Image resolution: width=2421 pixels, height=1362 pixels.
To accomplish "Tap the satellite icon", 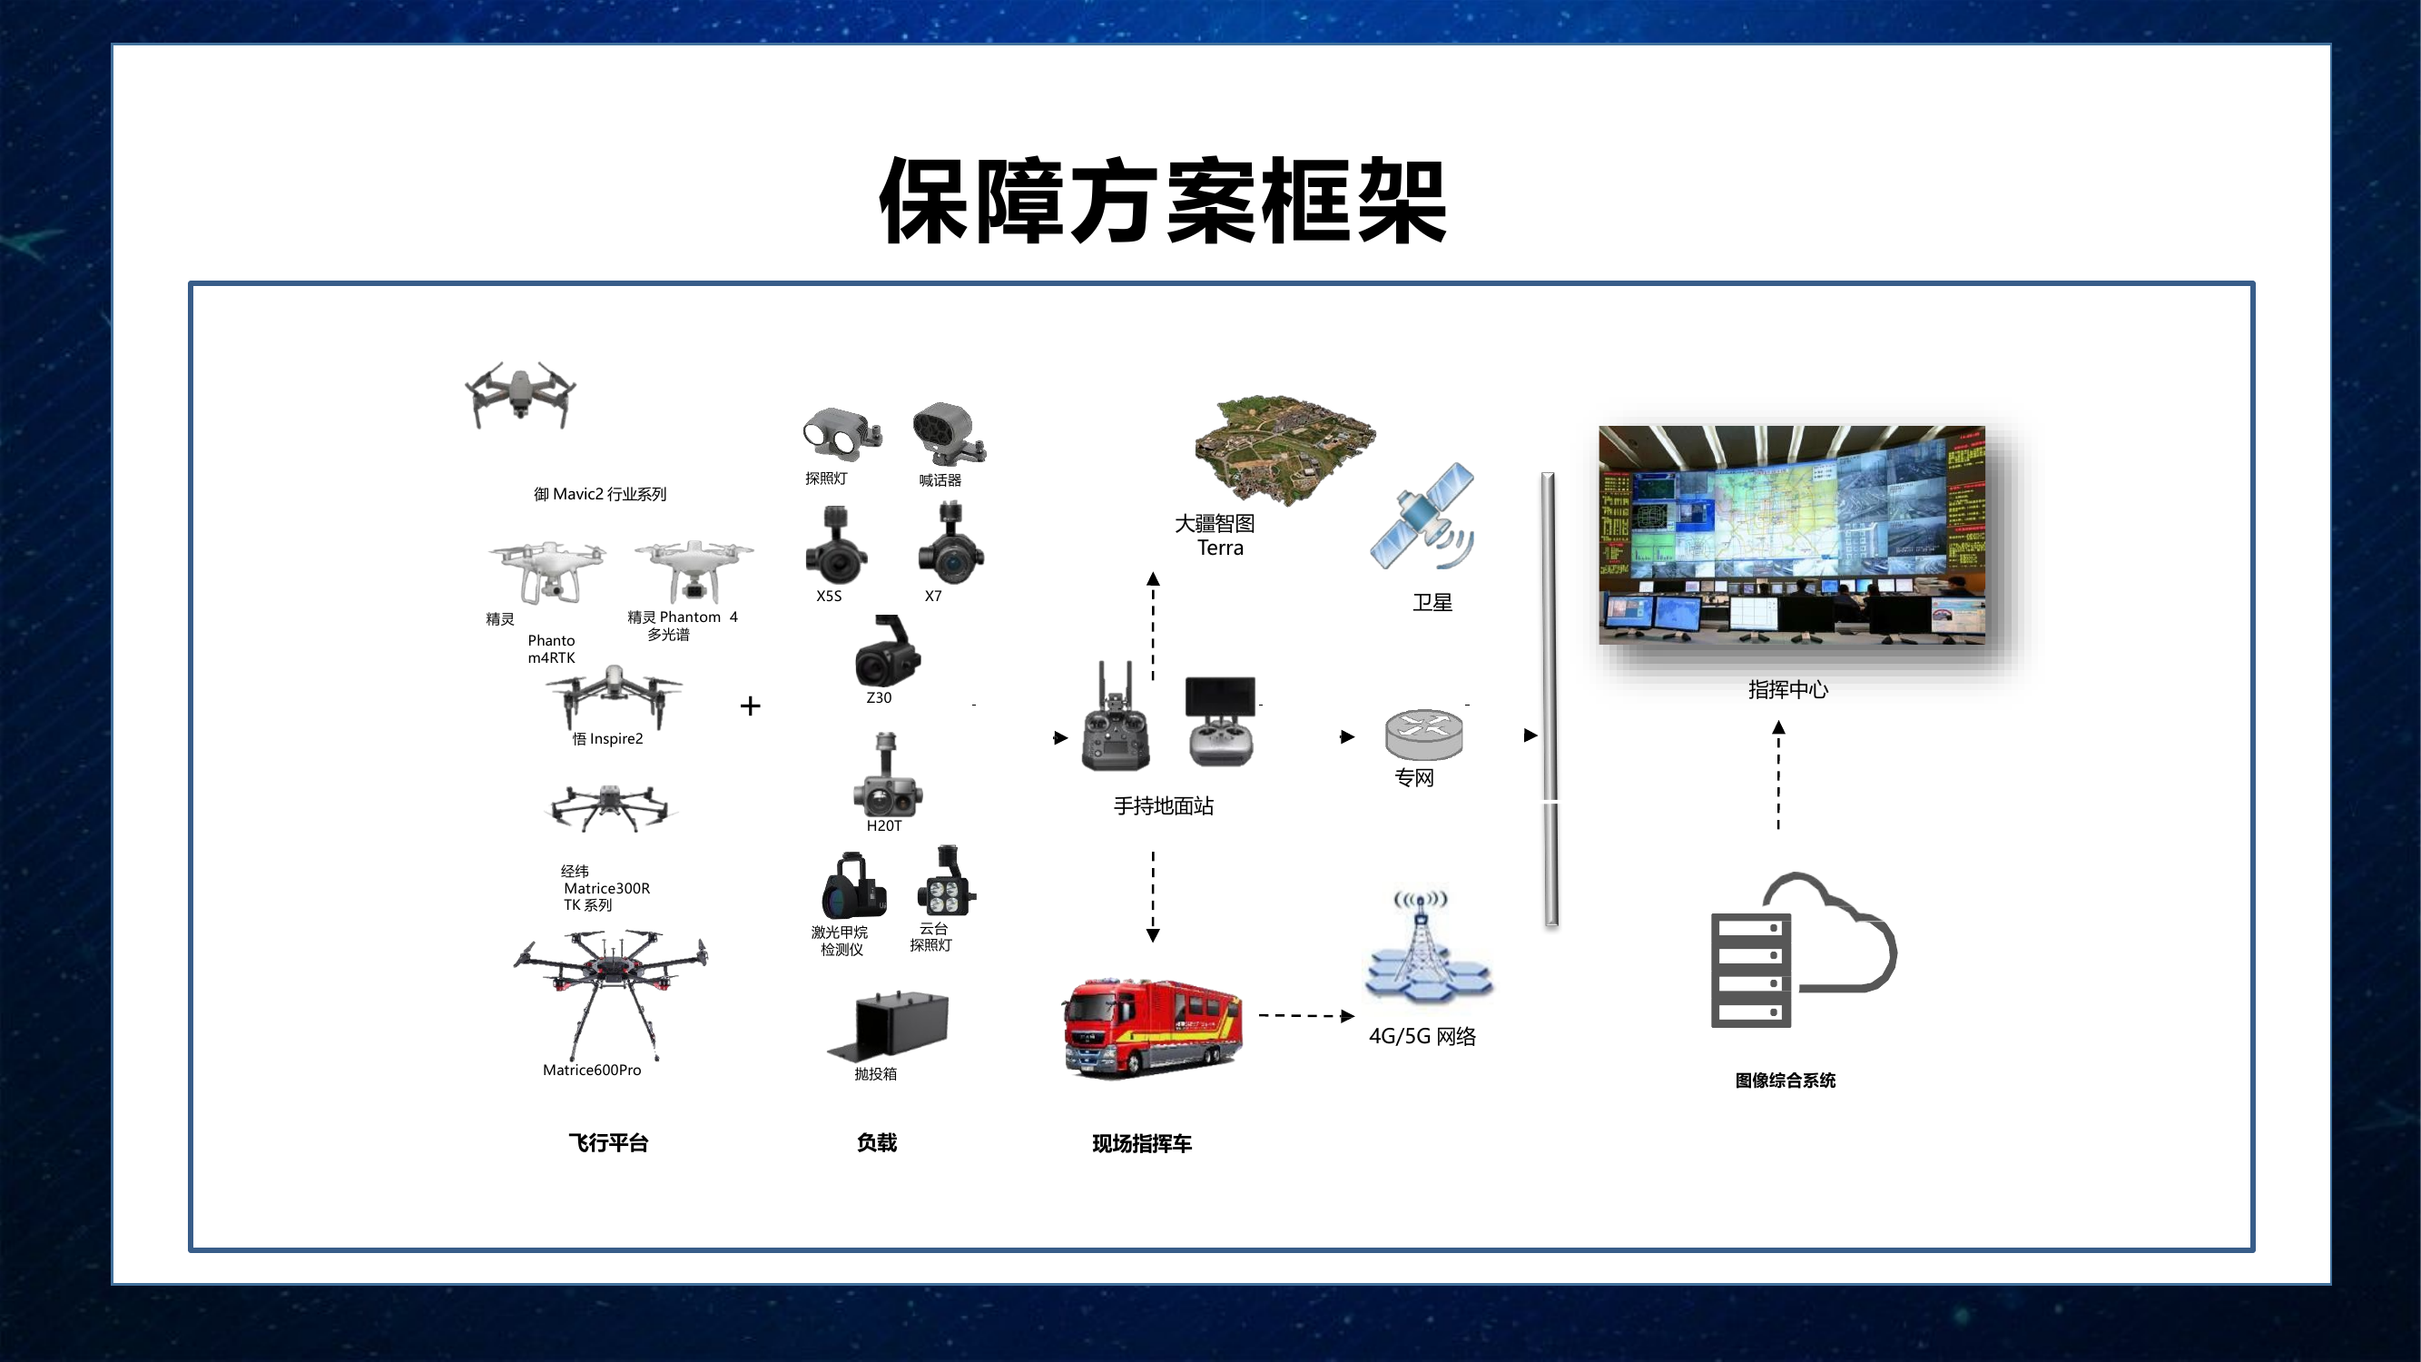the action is point(1422,517).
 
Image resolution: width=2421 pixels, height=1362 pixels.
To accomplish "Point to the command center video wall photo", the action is point(1792,535).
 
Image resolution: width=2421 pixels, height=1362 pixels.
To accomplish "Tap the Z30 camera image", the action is point(887,650).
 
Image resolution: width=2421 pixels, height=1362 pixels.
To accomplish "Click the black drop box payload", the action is point(888,1023).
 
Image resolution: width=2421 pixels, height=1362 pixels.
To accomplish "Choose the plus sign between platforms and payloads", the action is point(750,706).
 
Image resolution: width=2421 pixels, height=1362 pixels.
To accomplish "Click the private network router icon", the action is point(1424,734).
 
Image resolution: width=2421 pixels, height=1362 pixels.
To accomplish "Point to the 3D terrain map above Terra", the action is point(1284,449).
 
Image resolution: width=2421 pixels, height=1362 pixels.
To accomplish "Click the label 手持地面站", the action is point(1164,805).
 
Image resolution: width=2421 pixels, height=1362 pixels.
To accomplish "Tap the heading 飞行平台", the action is point(608,1142).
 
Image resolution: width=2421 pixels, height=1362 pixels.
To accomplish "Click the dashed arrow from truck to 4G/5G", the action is point(1306,1015).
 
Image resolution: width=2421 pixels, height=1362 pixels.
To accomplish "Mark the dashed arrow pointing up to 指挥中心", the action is point(1778,775).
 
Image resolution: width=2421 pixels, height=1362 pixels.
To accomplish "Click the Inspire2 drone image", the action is point(614,696).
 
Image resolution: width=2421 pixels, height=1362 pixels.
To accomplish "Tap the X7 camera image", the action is point(950,543).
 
